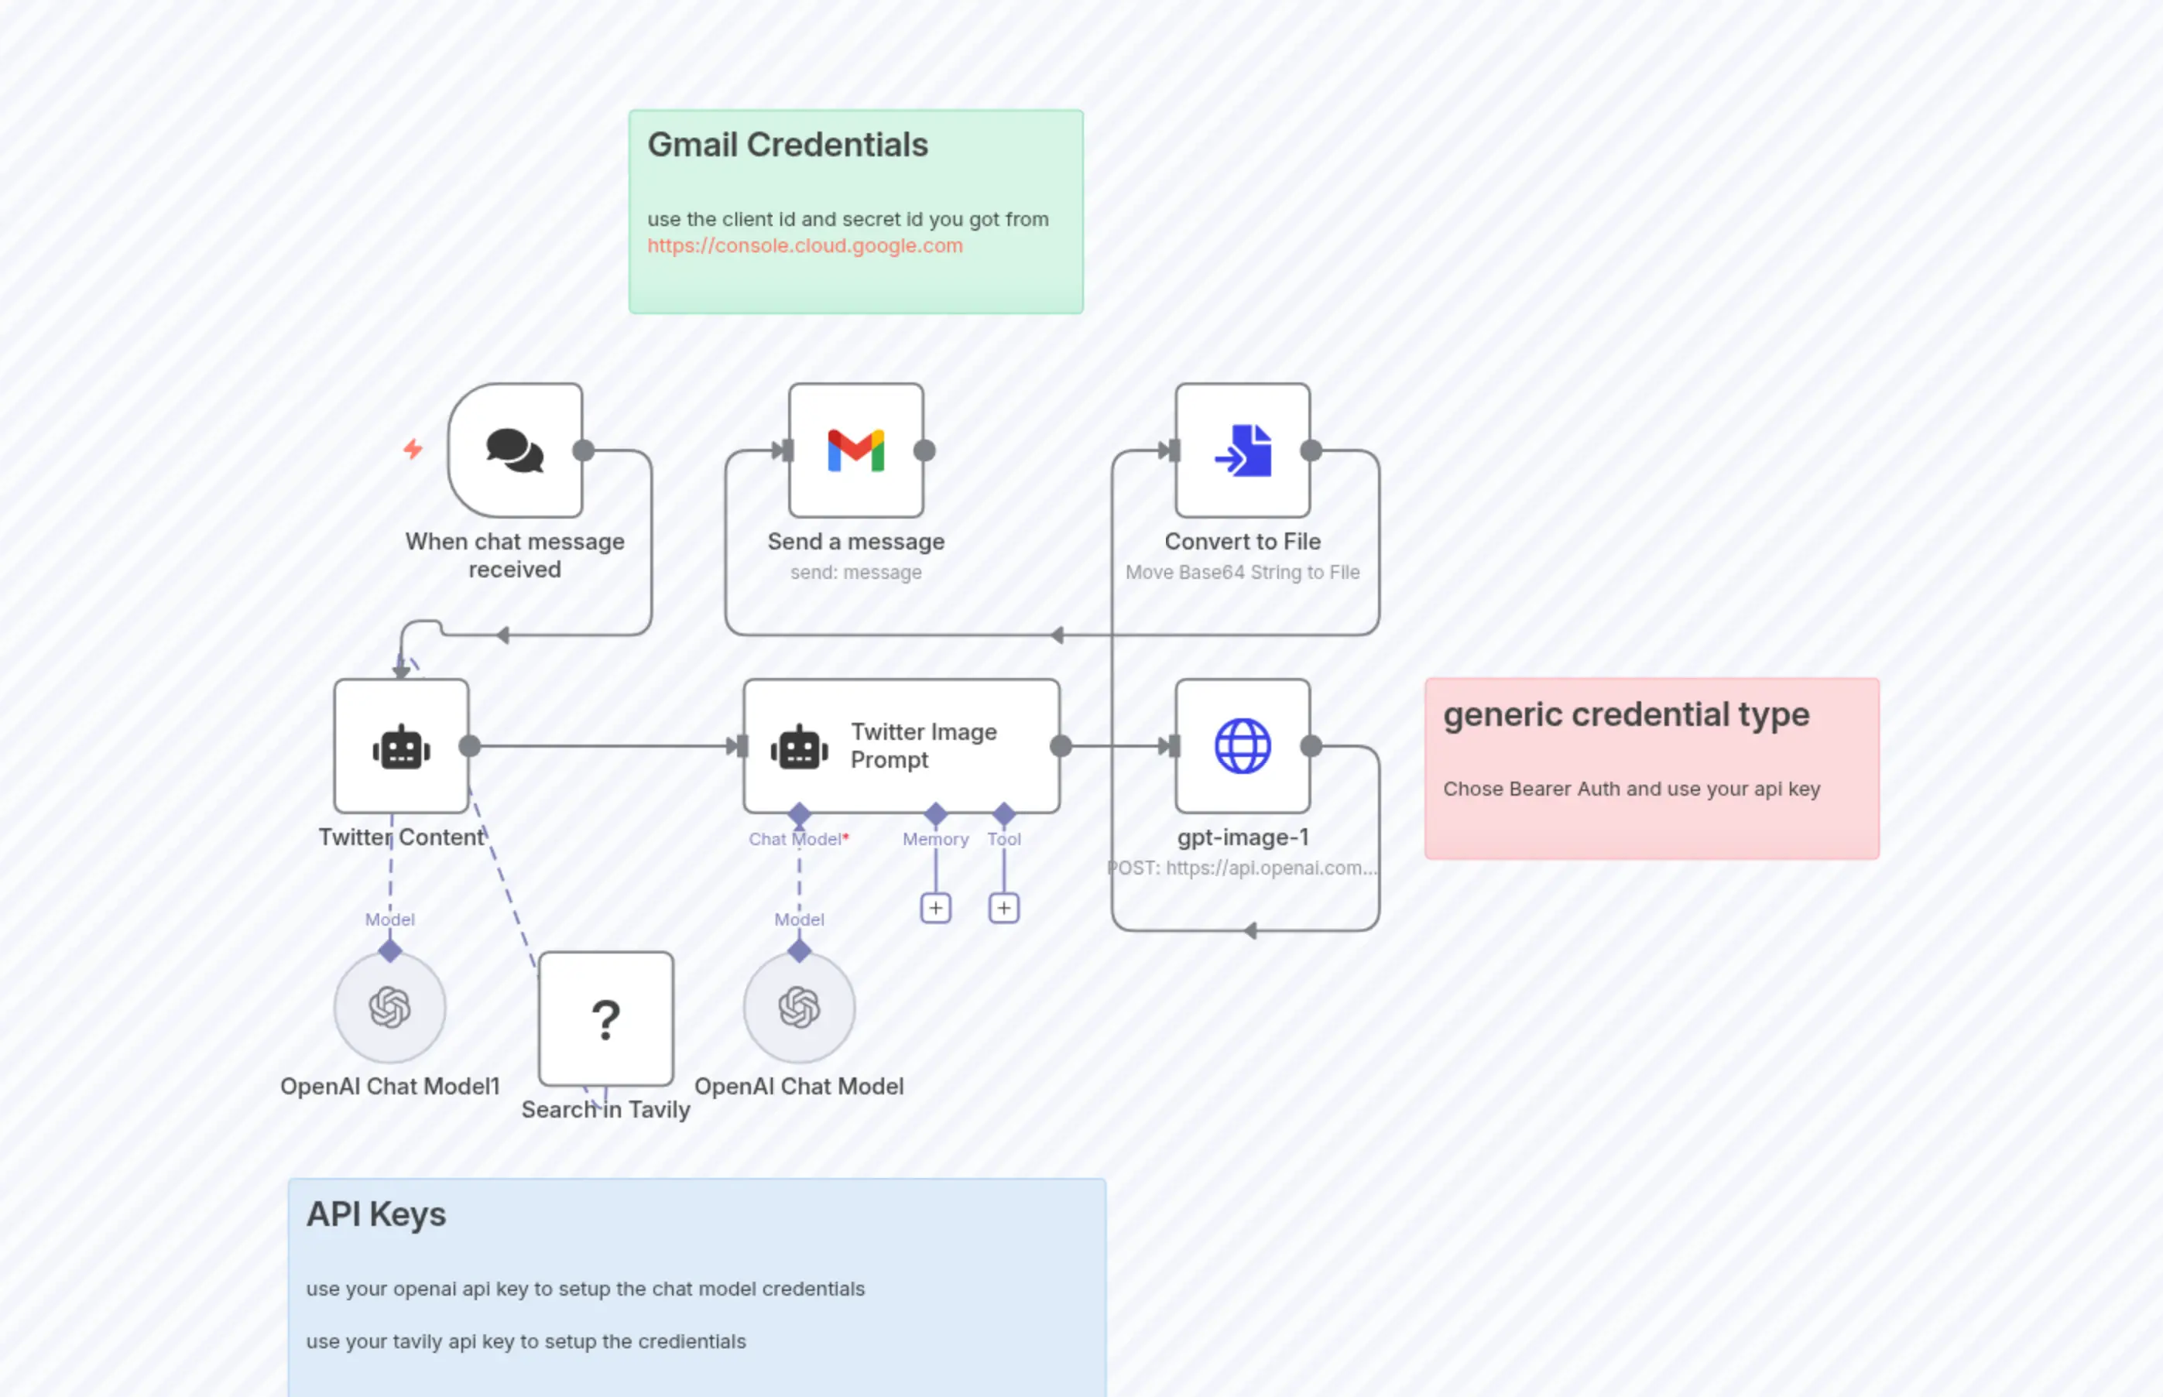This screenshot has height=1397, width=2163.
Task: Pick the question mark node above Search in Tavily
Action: tap(605, 1019)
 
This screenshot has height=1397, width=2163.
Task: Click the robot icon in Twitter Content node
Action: tap(401, 748)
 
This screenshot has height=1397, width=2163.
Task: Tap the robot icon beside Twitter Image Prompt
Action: tap(798, 748)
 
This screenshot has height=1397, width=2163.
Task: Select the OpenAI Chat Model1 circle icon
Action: tap(389, 1007)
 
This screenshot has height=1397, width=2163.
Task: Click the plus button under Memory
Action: tap(935, 908)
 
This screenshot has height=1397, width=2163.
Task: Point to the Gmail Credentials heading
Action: tap(787, 146)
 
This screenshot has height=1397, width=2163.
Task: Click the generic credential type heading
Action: tap(1625, 715)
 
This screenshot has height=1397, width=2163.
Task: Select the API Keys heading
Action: tap(375, 1214)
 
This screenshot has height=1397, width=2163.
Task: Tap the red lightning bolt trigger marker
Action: tap(413, 448)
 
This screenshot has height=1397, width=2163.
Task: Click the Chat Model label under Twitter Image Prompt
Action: tap(796, 839)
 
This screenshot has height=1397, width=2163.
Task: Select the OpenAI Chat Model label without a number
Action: tap(798, 1086)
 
